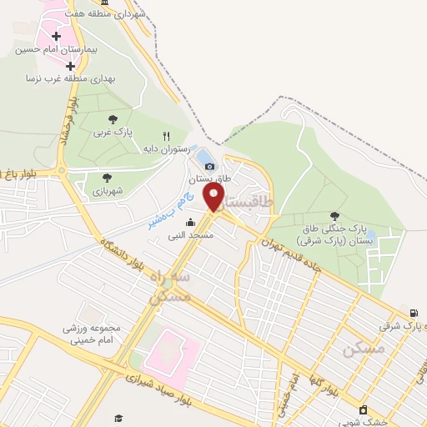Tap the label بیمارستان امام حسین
(x=56, y=50)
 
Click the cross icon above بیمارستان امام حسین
(x=56, y=37)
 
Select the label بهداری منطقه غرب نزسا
(x=58, y=78)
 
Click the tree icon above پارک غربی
(x=113, y=119)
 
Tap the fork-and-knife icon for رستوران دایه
(x=167, y=136)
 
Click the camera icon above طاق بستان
(x=209, y=166)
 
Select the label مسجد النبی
(x=191, y=235)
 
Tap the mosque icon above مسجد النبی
(x=191, y=222)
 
